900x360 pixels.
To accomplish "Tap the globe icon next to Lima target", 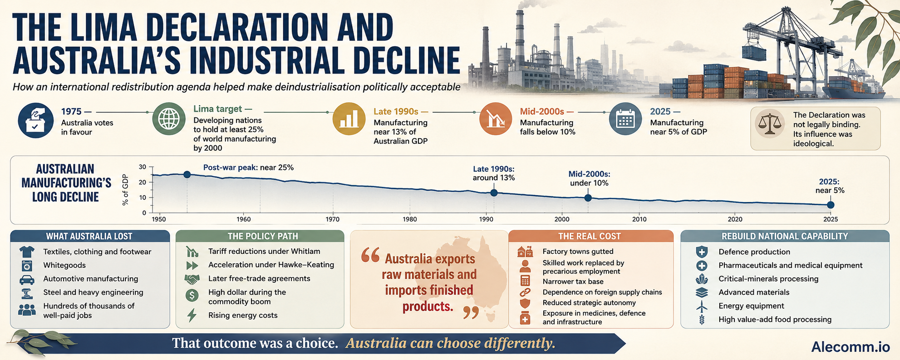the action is [169, 119].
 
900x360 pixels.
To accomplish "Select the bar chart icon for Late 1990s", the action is [349, 119].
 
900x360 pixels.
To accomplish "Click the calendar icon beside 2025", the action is [625, 119].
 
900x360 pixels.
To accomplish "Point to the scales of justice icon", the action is [770, 123].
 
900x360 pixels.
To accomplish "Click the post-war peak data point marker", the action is [187, 175].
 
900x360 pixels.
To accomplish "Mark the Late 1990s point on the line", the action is [494, 193].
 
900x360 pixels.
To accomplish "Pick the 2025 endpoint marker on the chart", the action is [830, 205].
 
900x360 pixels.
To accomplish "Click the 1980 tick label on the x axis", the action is [409, 219].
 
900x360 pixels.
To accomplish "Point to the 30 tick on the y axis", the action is [143, 167].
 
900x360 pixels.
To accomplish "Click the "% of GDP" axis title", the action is [126, 190].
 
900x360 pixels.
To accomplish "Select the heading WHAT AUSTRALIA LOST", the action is [89, 236].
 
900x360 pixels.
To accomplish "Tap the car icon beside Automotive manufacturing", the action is [27, 279].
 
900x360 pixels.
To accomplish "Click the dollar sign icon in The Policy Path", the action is [192, 296].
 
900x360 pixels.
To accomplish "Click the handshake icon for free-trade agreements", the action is [192, 279].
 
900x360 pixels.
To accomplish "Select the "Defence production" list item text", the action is [754, 252].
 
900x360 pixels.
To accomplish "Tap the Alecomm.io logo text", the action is [851, 347].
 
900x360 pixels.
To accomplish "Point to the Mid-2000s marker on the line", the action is [588, 198].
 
